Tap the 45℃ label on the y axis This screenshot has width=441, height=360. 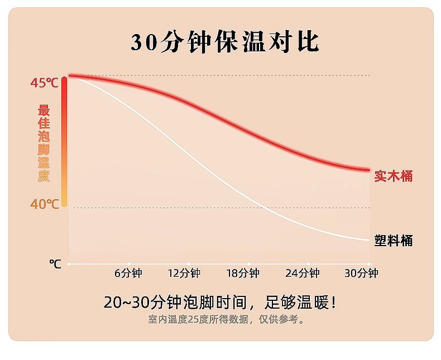coord(44,83)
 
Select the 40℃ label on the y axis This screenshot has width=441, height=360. coord(44,204)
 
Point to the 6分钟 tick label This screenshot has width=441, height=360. coord(128,273)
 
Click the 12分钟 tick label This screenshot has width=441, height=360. coord(184,273)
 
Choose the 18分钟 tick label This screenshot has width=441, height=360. coord(243,273)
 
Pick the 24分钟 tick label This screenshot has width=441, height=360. coord(303,273)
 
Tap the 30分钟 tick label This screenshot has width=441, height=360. coord(361,273)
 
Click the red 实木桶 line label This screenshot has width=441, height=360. coord(394,176)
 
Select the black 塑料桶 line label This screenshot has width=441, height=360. coord(394,241)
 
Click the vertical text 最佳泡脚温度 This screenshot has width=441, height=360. coord(44,143)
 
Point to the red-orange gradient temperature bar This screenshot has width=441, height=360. coord(64,142)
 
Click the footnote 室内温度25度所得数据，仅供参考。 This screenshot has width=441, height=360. coord(227,320)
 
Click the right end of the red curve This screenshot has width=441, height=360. coord(368,169)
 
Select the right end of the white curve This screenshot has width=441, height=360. coord(368,239)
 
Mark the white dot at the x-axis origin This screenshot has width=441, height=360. coord(69,263)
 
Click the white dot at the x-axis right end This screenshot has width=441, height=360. coord(369,263)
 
